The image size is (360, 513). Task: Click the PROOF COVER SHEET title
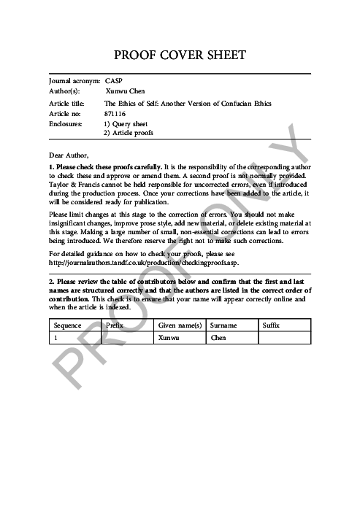tap(180, 55)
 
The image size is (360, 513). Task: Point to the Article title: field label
tap(66, 104)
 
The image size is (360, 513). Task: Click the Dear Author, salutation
tap(69, 155)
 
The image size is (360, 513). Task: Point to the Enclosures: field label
tap(66, 125)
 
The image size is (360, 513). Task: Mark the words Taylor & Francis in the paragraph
tap(73, 185)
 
